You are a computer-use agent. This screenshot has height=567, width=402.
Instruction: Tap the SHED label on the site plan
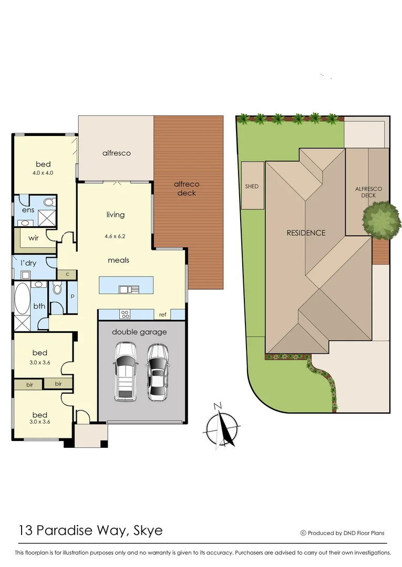pos(252,186)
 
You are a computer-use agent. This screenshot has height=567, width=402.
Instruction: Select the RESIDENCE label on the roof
pos(306,233)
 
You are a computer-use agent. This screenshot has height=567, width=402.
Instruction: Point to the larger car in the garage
pos(125,371)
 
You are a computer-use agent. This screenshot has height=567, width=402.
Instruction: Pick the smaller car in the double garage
pos(157,372)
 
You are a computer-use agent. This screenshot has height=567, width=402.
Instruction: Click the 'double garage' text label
pos(139,332)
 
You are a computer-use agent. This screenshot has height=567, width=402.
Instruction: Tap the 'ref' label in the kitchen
pos(163,314)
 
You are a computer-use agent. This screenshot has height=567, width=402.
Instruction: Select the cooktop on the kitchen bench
pos(126,314)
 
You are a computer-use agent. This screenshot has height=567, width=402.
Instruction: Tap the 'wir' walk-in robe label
pos(34,238)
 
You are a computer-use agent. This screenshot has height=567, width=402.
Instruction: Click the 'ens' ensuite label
pos(28,210)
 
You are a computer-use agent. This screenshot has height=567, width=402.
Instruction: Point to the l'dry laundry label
pos(28,262)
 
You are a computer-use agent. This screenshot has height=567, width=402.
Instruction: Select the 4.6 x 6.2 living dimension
pos(115,237)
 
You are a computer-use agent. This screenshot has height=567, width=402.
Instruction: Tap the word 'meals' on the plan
pos(118,260)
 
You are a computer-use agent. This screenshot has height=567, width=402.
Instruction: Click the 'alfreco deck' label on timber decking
pos(187,188)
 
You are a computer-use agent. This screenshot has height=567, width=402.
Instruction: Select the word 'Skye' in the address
pos(147,530)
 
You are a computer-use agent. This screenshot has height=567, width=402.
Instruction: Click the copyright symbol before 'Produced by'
pos(303,533)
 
